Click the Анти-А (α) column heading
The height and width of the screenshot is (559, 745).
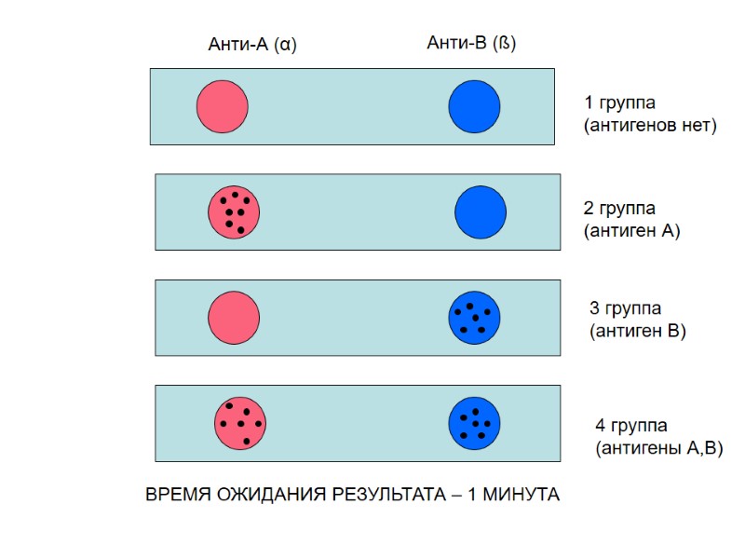[252, 44]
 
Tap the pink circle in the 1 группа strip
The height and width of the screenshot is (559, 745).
[222, 106]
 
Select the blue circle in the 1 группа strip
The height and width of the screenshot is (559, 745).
[475, 106]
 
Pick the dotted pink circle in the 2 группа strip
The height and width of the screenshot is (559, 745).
[233, 211]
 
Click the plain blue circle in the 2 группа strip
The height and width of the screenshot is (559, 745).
[481, 211]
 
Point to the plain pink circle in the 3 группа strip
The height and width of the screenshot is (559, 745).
[233, 317]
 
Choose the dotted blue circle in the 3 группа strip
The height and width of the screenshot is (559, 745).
[475, 317]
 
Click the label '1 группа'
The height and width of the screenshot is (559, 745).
[619, 102]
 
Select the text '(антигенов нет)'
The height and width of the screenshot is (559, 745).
[650, 125]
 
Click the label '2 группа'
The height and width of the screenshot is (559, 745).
[619, 209]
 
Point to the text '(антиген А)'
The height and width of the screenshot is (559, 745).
[632, 230]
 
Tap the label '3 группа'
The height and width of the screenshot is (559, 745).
[626, 308]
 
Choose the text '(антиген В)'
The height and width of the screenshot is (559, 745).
[638, 330]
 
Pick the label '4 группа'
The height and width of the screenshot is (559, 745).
[631, 426]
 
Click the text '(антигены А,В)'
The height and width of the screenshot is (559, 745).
[658, 448]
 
